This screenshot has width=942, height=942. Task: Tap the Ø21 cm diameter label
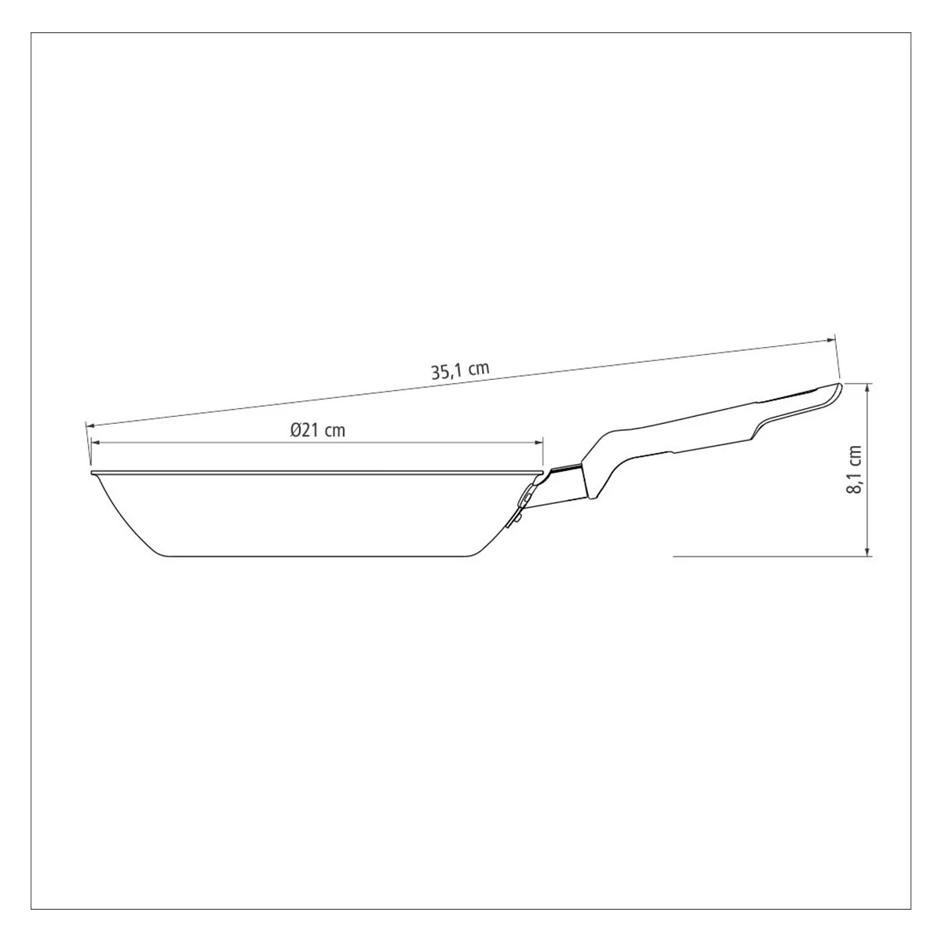[317, 430]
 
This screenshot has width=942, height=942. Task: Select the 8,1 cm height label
[856, 469]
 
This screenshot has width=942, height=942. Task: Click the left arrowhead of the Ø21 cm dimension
[97, 443]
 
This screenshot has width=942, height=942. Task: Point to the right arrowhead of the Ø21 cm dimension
[538, 443]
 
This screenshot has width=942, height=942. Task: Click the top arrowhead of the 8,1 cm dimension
[868, 389]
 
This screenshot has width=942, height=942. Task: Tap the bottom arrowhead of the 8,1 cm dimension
[868, 551]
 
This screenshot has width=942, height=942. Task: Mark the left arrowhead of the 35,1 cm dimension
[92, 425]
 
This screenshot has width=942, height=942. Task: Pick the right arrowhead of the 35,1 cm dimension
[829, 340]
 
